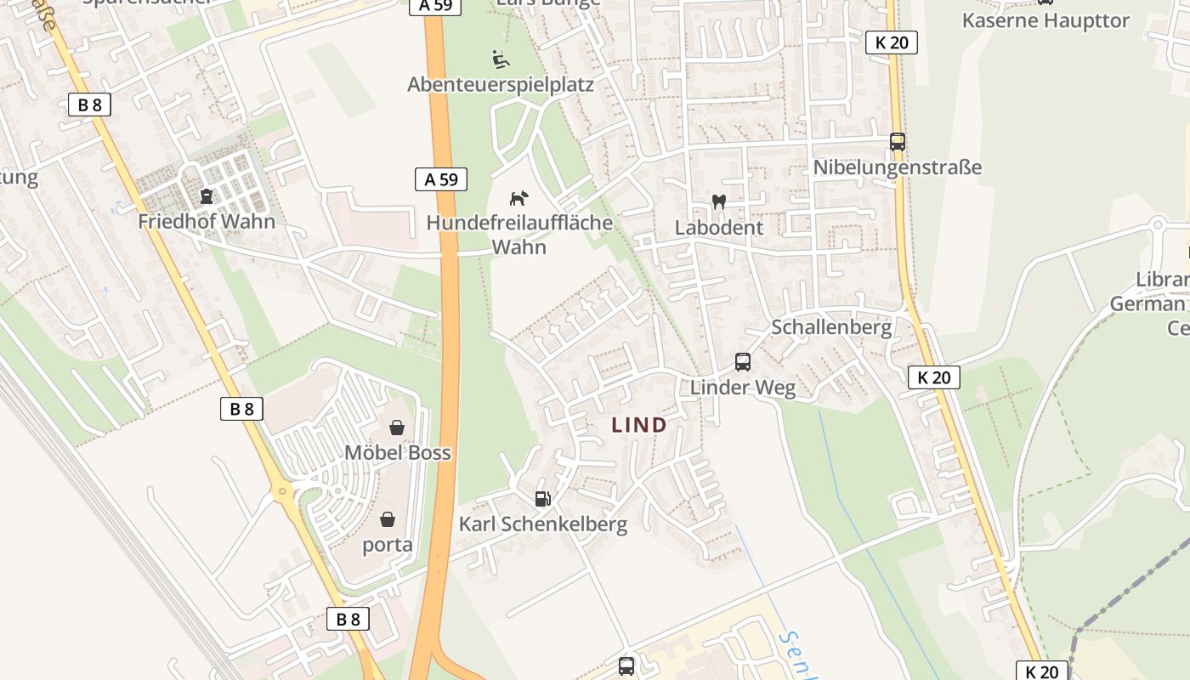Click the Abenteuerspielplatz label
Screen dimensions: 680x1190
tap(500, 84)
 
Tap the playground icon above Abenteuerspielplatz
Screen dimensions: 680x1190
tap(501, 59)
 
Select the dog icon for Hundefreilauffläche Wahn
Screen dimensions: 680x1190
tap(518, 198)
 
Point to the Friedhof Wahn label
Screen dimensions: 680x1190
tap(207, 222)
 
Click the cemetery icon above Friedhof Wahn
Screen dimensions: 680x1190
tap(206, 197)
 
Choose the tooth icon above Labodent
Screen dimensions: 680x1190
tap(718, 202)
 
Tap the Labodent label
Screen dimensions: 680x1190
tap(718, 228)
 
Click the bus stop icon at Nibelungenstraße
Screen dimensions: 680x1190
tap(897, 142)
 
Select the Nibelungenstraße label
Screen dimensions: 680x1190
tap(897, 167)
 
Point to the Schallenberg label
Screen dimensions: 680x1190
tap(830, 327)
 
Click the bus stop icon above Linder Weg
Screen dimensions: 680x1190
tap(742, 362)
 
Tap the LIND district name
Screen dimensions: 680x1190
tap(639, 426)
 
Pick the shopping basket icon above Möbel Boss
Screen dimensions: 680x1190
tap(396, 427)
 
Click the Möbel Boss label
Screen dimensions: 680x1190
tap(397, 452)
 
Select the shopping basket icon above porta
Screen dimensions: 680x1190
tap(388, 518)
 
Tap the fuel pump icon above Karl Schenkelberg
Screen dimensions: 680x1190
tap(542, 498)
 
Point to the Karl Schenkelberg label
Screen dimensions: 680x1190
tap(542, 524)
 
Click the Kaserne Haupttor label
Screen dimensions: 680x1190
tap(1045, 20)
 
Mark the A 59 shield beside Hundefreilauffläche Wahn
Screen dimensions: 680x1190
tap(441, 179)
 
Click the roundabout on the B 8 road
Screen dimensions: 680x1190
tap(282, 492)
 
